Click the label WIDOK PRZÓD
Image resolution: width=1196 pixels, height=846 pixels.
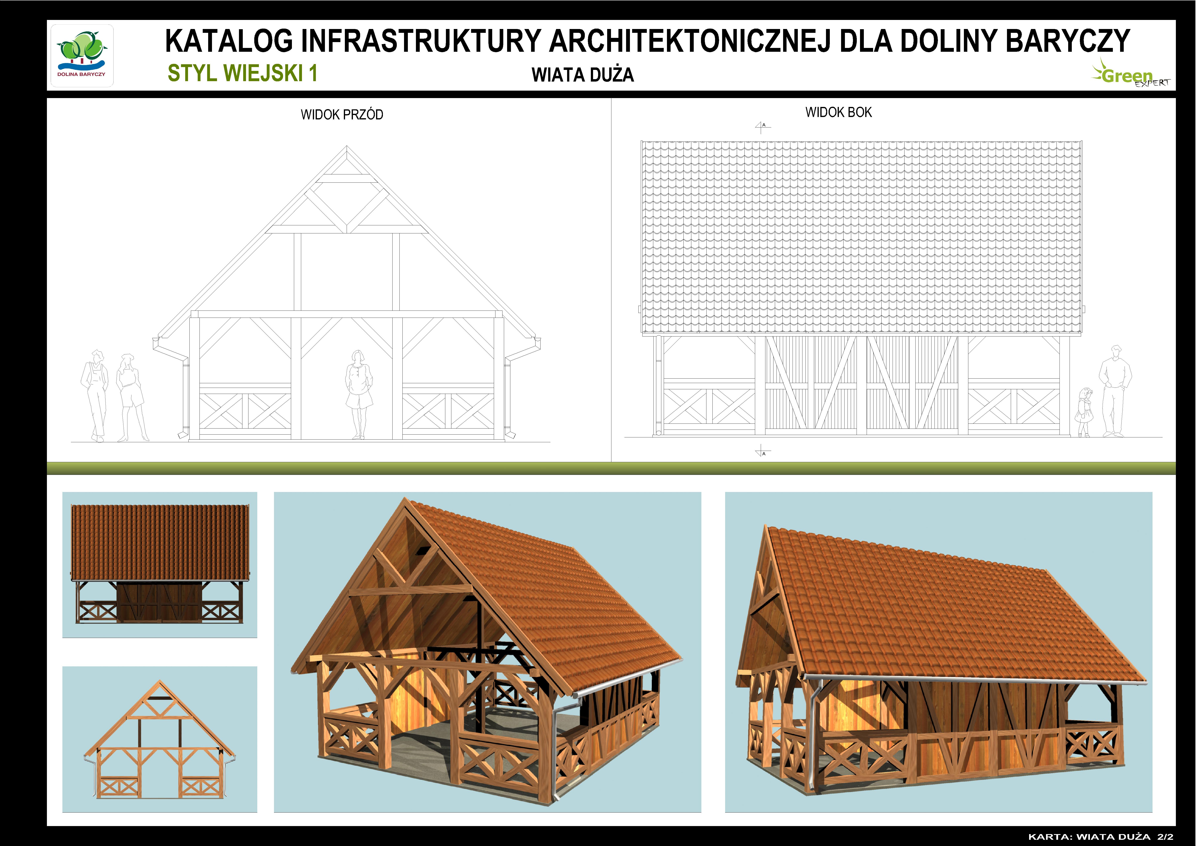[x=342, y=115]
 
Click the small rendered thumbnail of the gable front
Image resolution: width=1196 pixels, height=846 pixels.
[x=159, y=739]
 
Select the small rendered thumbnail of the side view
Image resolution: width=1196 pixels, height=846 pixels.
[x=159, y=565]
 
